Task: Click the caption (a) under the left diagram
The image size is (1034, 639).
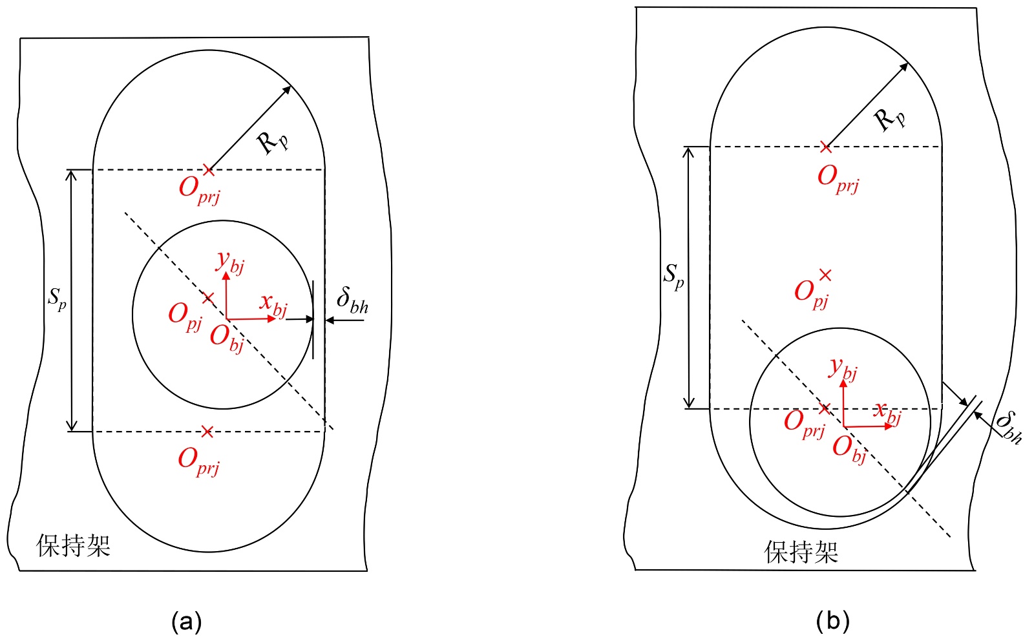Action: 187,622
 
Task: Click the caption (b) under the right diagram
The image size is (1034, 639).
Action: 832,622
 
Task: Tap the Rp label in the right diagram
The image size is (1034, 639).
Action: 889,119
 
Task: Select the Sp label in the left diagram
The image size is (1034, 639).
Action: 58,299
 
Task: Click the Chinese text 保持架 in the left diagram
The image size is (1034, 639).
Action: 74,546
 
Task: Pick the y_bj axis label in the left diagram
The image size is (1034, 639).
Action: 230,262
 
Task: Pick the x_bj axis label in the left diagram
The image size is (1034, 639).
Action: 273,304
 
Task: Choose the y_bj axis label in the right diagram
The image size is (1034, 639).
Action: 843,370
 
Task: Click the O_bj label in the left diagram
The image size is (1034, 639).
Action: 227,338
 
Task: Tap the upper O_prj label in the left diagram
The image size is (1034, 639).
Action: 199,190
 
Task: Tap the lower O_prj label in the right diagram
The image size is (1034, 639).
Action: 805,424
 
